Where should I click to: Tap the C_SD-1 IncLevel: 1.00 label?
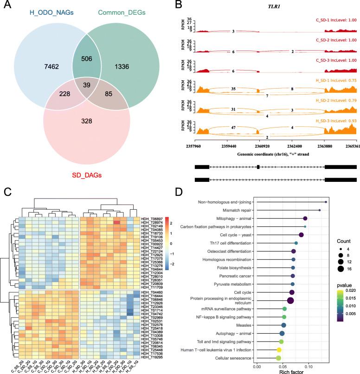coord(333,20)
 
